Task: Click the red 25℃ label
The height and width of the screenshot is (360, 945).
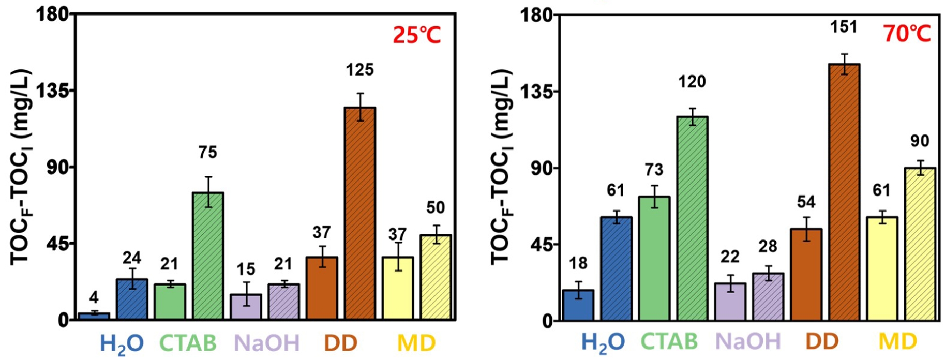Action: tap(416, 35)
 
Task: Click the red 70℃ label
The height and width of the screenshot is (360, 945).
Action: tap(906, 34)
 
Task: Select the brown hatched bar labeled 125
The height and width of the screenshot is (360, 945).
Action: tap(360, 213)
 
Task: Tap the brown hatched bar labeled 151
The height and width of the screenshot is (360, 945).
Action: tap(844, 192)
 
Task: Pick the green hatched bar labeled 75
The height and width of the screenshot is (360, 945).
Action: tap(208, 256)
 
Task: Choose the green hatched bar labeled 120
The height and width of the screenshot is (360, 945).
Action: tap(692, 218)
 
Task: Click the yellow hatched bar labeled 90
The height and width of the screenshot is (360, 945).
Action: tap(920, 244)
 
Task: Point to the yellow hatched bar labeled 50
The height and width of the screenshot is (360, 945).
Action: tap(436, 277)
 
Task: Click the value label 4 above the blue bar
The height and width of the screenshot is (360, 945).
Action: tap(94, 296)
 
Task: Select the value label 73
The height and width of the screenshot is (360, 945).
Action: tap(654, 170)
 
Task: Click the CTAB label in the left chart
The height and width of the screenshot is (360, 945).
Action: tap(188, 342)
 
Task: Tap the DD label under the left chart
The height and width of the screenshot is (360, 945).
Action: tap(341, 342)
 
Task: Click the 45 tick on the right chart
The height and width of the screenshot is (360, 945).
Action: tap(541, 245)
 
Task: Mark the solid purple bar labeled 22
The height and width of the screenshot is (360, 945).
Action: tap(730, 302)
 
